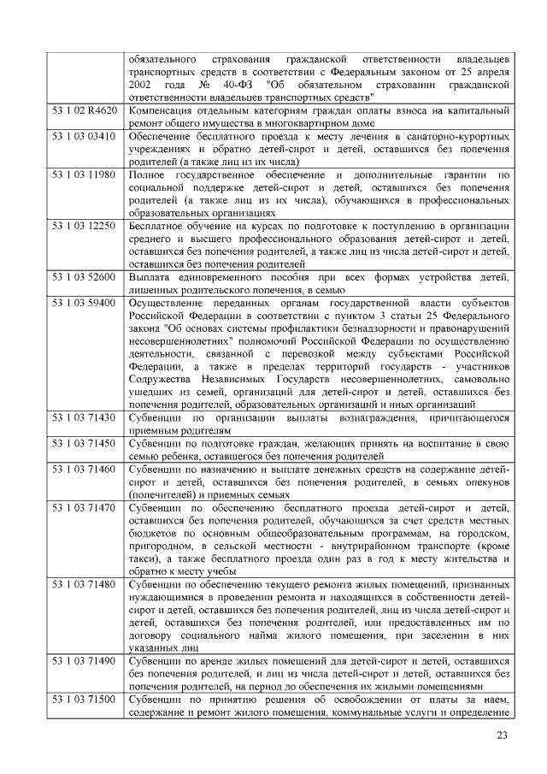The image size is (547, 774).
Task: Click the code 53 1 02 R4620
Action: (84, 111)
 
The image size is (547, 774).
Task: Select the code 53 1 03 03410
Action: (83, 136)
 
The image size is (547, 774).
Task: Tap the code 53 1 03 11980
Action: (83, 174)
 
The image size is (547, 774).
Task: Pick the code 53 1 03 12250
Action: (83, 227)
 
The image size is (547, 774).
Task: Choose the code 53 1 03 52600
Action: (83, 278)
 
